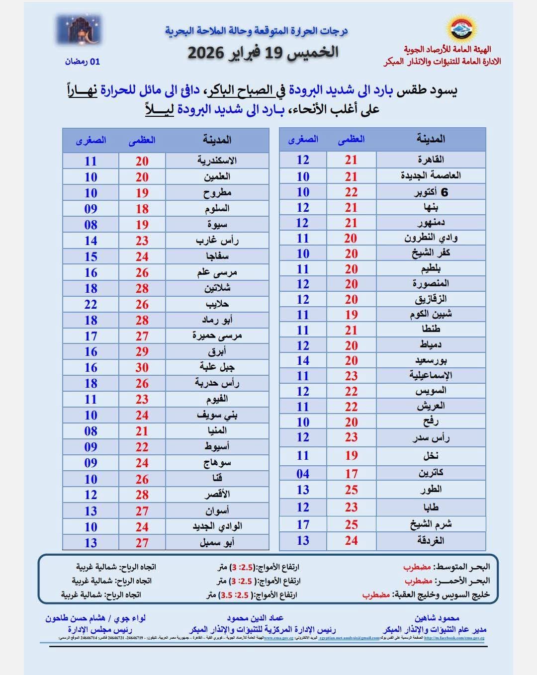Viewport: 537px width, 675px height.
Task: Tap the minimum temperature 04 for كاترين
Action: pyautogui.click(x=303, y=474)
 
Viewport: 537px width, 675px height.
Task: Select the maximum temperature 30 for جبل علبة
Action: pyautogui.click(x=142, y=367)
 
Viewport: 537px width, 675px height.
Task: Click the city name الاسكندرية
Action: pyautogui.click(x=217, y=161)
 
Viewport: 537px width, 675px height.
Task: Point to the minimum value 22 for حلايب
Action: pyautogui.click(x=90, y=304)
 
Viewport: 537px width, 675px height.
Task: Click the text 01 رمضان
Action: pyautogui.click(x=82, y=62)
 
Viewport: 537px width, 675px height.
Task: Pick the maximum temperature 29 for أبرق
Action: pyautogui.click(x=142, y=351)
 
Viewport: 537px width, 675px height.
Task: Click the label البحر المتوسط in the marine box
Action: pyautogui.click(x=461, y=567)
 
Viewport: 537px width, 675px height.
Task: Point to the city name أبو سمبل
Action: pyautogui.click(x=217, y=542)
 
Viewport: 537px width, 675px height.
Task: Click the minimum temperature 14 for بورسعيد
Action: pyautogui.click(x=303, y=360)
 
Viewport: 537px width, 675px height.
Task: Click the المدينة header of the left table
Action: pyautogui.click(x=217, y=140)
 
